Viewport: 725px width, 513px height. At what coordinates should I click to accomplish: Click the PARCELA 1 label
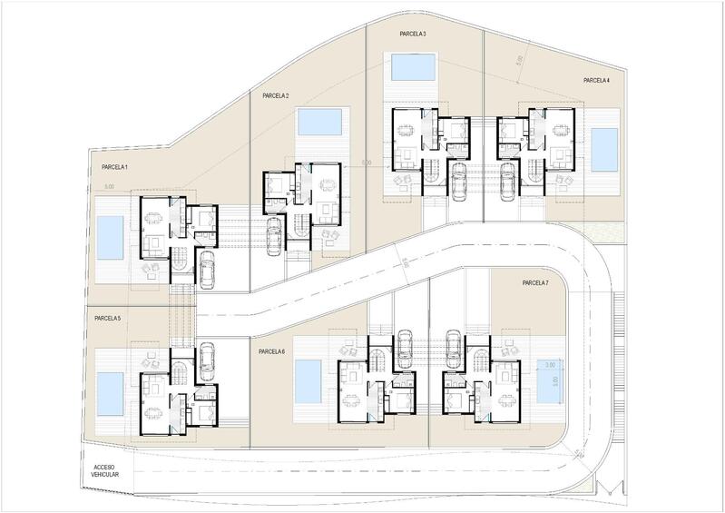(x=114, y=168)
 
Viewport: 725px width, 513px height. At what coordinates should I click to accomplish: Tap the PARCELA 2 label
(x=274, y=95)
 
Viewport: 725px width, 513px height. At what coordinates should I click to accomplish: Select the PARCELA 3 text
(x=413, y=34)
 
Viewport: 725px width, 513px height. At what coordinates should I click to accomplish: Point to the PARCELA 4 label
(x=596, y=80)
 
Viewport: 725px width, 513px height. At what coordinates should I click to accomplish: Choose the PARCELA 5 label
(x=107, y=319)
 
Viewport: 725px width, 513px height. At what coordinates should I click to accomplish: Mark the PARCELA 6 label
(x=271, y=351)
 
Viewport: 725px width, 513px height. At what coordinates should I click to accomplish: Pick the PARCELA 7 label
(x=535, y=283)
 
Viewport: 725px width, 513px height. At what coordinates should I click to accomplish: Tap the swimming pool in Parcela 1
(x=110, y=237)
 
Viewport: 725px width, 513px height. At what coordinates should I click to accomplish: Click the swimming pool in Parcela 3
(x=412, y=67)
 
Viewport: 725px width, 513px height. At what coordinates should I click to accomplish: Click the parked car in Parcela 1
(x=207, y=269)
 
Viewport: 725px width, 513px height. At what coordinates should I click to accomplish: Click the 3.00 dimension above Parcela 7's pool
(x=549, y=364)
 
